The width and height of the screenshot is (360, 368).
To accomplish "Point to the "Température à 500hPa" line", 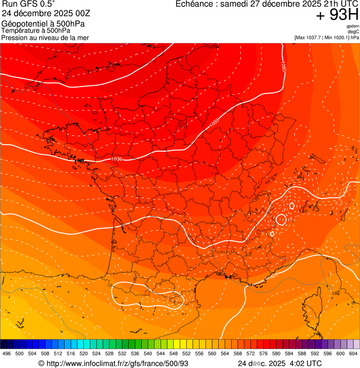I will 36,30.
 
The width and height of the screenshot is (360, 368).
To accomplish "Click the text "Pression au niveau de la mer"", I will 45,37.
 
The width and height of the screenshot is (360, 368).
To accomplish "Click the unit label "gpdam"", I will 353,27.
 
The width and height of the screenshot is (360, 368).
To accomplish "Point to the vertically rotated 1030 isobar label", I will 284,66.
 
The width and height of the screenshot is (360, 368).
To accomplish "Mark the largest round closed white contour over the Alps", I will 281,219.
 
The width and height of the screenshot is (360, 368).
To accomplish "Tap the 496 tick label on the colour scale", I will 7,354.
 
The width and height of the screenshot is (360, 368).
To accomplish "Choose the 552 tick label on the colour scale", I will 186,354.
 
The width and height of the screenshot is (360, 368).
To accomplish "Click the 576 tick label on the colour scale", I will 263,354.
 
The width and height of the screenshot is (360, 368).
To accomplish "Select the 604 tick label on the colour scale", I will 353,354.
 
